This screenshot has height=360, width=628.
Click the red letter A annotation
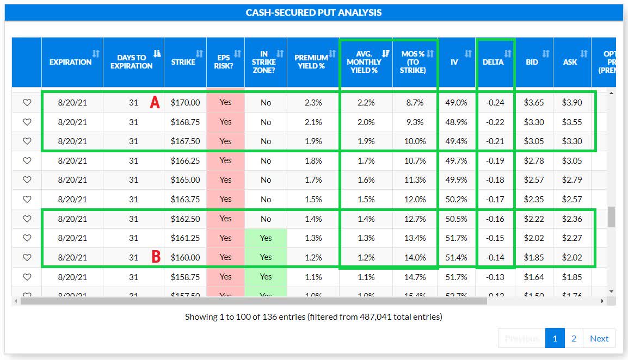(155, 102)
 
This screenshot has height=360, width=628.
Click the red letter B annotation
(156, 257)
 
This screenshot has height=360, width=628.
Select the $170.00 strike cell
(185, 102)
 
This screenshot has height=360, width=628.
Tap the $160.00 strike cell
(185, 257)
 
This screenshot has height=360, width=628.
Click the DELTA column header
(493, 62)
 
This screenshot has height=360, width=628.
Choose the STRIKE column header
(183, 62)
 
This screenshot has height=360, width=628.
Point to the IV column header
(454, 62)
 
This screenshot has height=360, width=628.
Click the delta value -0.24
(495, 102)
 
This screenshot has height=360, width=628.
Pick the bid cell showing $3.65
(534, 102)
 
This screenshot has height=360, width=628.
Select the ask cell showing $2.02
(571, 257)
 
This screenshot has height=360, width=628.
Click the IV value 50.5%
(456, 219)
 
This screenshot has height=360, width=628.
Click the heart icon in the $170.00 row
(27, 102)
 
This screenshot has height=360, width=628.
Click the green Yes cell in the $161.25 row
(266, 238)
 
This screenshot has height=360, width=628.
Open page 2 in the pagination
(574, 338)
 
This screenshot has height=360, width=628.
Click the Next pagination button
(599, 338)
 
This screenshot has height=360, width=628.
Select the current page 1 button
(555, 338)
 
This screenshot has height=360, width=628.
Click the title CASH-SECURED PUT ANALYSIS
(313, 13)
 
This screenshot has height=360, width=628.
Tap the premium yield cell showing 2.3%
(313, 102)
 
